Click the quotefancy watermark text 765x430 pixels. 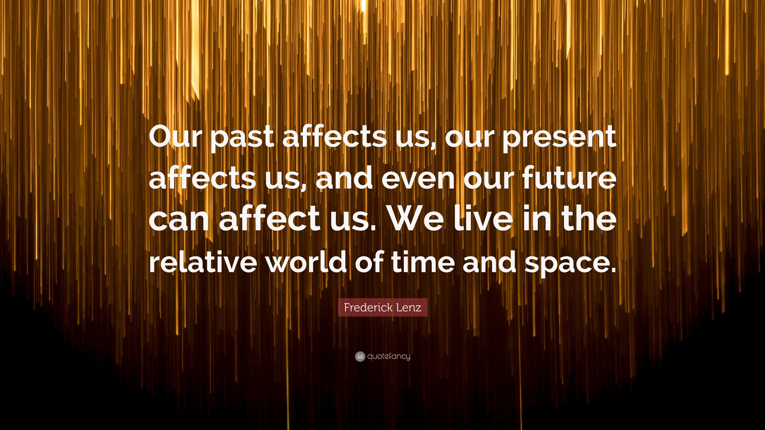tap(388, 356)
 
